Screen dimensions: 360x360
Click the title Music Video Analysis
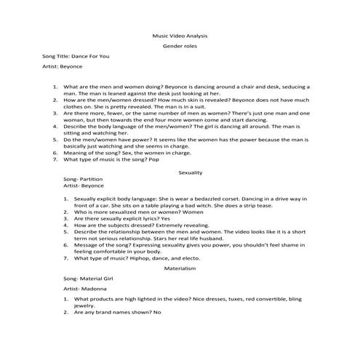(180, 34)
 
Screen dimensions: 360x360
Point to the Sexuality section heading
(190, 172)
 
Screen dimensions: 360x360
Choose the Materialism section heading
(190, 268)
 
